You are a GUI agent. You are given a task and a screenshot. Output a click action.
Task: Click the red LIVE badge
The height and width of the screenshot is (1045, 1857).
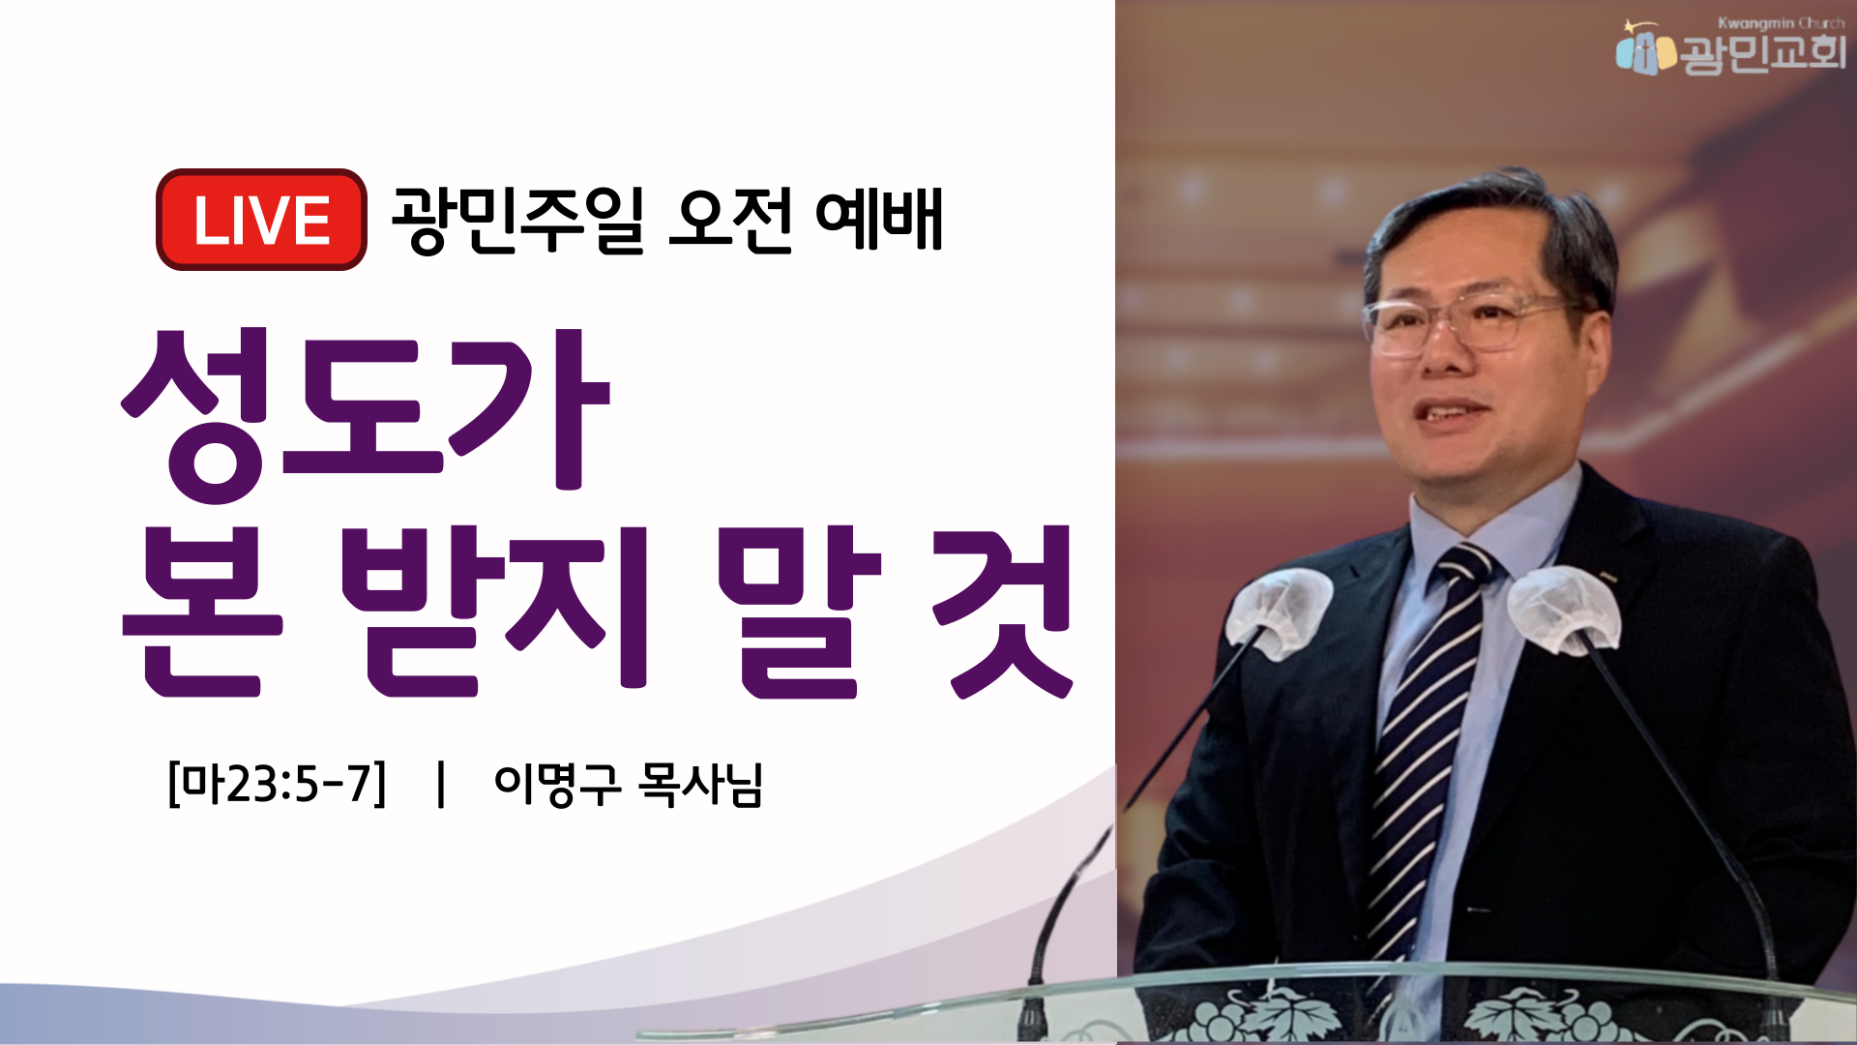[x=261, y=220]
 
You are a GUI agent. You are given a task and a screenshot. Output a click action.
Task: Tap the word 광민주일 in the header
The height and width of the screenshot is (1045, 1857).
[x=518, y=220]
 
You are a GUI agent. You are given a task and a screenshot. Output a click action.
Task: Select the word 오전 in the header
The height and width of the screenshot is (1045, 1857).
[x=730, y=220]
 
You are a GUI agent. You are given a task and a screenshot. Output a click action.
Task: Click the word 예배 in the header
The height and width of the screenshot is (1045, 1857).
[x=879, y=220]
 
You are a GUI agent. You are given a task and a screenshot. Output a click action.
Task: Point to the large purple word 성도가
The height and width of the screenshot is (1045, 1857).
[x=366, y=413]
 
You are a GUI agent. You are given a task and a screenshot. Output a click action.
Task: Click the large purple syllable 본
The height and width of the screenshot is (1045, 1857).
[x=202, y=612]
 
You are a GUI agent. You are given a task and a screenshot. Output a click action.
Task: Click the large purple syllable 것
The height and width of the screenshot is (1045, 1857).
[x=1002, y=612]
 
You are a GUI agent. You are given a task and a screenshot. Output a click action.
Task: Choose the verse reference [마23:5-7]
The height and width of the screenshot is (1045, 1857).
[x=277, y=784]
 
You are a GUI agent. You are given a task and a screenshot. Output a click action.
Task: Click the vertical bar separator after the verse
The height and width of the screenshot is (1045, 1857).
[x=441, y=784]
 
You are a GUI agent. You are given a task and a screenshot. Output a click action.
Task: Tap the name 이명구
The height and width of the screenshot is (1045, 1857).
[x=557, y=784]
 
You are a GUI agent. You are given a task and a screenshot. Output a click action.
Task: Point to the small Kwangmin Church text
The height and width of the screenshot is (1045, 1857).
[x=1782, y=22]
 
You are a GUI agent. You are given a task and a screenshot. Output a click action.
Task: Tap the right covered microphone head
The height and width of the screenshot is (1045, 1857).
[x=1563, y=609]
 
